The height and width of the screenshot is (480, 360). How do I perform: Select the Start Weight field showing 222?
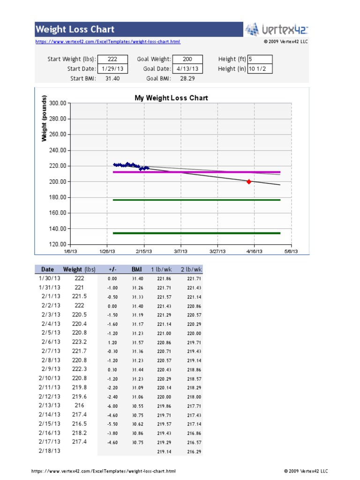pyautogui.click(x=112, y=59)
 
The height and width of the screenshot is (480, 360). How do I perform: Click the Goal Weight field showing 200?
pyautogui.click(x=187, y=59)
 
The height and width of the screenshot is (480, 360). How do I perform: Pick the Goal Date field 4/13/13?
pyautogui.click(x=187, y=68)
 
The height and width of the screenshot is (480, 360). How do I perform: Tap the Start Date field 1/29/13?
pyautogui.click(x=112, y=68)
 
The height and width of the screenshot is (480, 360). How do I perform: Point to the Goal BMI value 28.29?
pyautogui.click(x=187, y=78)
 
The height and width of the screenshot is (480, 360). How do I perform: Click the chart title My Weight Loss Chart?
pyautogui.click(x=171, y=98)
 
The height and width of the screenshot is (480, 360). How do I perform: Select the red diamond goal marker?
pyautogui.click(x=248, y=181)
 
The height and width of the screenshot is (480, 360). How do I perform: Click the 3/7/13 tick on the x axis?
pyautogui.click(x=180, y=251)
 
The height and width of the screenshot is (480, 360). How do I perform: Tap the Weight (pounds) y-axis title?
pyautogui.click(x=44, y=119)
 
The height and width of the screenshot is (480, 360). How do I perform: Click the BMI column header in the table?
pyautogui.click(x=137, y=270)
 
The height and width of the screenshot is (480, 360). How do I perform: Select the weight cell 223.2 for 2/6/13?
pyautogui.click(x=79, y=342)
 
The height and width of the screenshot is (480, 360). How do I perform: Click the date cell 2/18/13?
pyautogui.click(x=50, y=450)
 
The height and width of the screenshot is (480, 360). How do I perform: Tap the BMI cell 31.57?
pyautogui.click(x=137, y=342)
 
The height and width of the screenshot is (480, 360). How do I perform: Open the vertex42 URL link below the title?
pyautogui.click(x=108, y=42)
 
